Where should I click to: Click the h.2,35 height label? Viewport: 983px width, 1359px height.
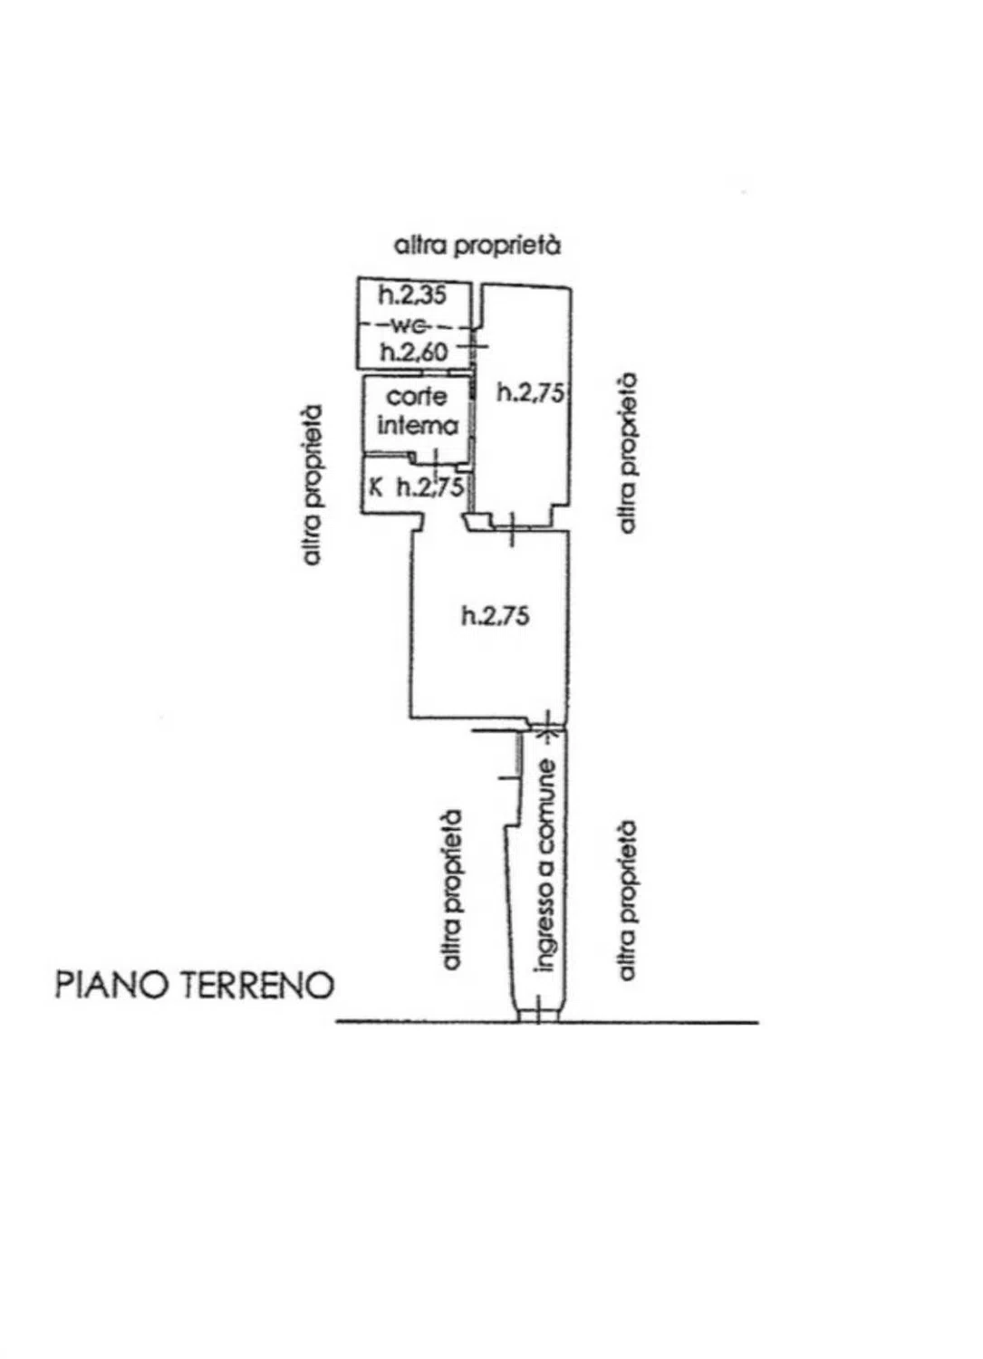(412, 294)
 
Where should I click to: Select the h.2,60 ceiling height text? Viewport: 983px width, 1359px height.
(414, 352)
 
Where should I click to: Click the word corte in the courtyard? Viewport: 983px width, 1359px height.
(417, 397)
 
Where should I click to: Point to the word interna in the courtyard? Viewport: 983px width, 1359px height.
(418, 425)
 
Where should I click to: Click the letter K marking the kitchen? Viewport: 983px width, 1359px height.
(377, 487)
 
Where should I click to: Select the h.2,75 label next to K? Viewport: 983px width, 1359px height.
(430, 487)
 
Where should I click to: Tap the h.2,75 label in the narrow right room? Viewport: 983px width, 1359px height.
(531, 393)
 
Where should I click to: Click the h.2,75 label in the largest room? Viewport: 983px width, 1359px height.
(496, 616)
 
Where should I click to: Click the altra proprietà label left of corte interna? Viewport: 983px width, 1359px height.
(312, 486)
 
